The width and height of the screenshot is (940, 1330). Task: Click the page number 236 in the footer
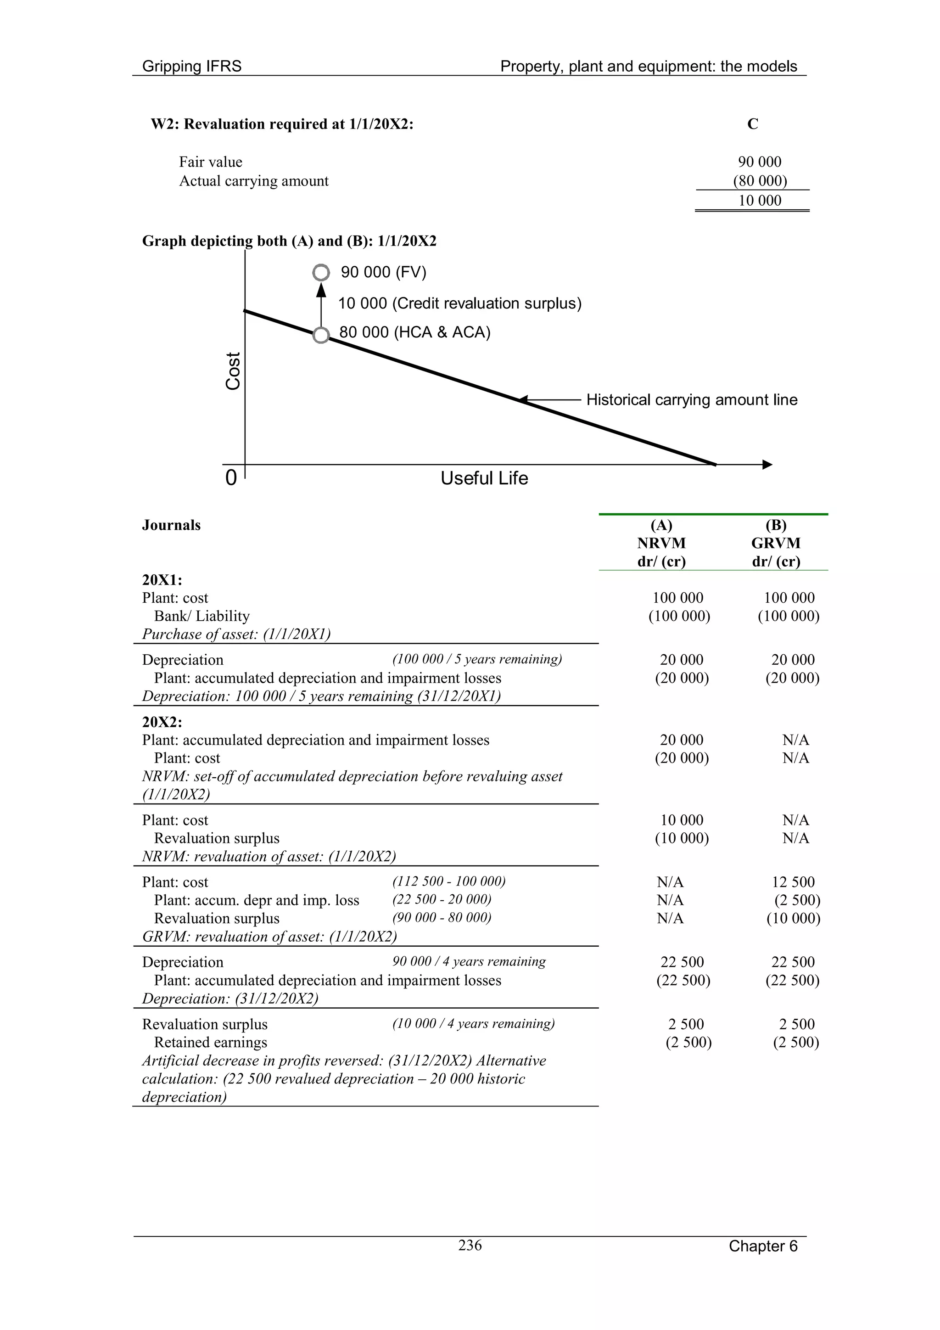coord(470,1245)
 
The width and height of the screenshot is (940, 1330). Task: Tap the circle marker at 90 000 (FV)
coord(321,272)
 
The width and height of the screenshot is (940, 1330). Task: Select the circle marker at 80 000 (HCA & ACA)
coord(321,335)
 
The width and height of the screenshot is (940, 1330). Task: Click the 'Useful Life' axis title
coord(484,478)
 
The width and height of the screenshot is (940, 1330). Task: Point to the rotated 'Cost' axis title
coord(233,371)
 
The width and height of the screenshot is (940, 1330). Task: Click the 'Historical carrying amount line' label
coord(692,400)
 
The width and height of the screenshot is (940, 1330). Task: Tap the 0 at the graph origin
coord(231,478)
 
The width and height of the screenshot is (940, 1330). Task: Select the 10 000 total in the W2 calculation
coord(759,201)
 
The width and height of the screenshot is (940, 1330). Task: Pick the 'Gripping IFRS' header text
coord(192,66)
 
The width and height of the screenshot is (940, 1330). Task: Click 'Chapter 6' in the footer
coord(763,1246)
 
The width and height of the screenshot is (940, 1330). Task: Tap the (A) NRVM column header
coord(661,543)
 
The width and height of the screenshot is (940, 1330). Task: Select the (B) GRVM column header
coord(776,543)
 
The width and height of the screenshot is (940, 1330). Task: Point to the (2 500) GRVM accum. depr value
coord(797,900)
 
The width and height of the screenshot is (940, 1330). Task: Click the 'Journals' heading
coord(172,525)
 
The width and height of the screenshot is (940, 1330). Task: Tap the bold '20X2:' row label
coord(162,722)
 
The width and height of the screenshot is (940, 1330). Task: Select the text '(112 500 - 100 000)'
coord(449,881)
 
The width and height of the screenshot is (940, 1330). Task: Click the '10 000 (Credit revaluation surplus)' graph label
coord(460,303)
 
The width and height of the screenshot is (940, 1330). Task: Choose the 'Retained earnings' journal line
coord(210,1042)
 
